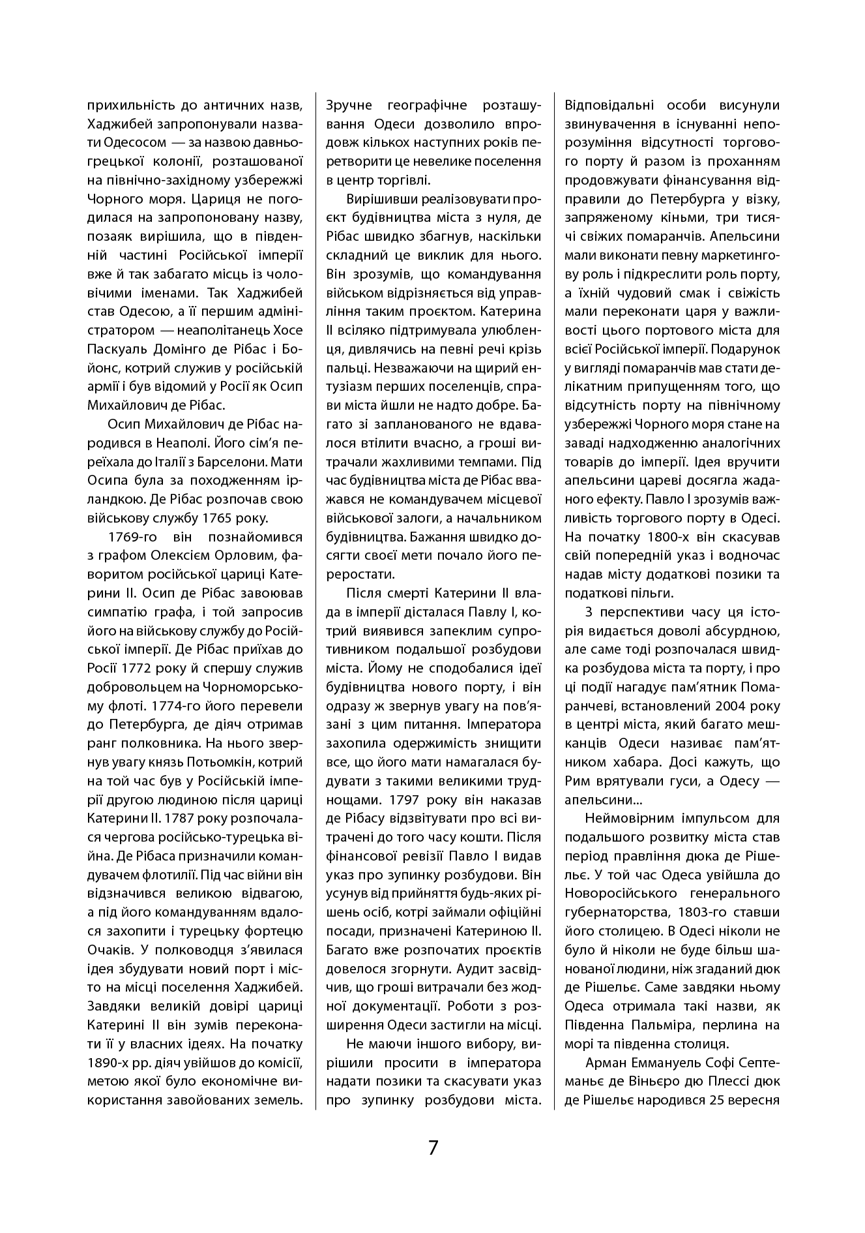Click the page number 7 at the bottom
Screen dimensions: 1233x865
pyautogui.click(x=433, y=1148)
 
